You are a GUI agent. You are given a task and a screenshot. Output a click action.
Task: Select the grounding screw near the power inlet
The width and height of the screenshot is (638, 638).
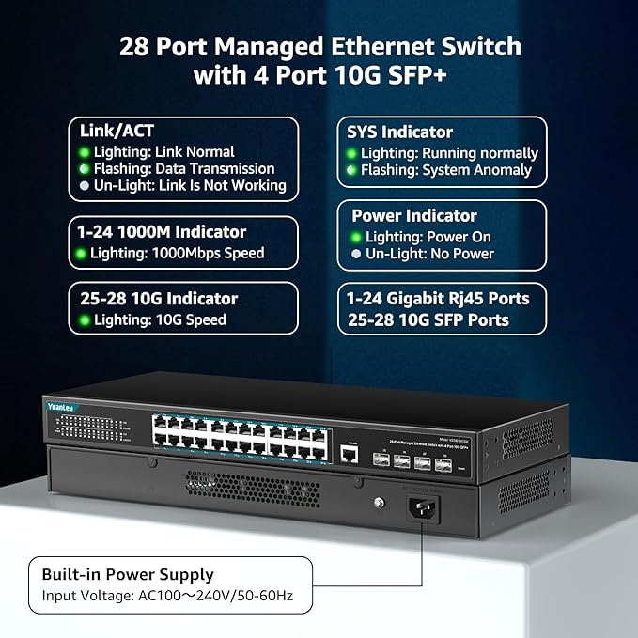(x=379, y=504)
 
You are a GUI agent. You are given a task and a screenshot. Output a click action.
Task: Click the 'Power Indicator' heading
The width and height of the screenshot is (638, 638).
(x=414, y=216)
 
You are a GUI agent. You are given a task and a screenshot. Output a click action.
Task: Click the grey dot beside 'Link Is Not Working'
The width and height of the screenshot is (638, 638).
(x=84, y=186)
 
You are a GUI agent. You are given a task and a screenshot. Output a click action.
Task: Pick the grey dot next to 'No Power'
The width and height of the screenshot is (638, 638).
(x=355, y=254)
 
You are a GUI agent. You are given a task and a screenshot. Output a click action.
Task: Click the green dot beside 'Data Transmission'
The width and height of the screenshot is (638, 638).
(x=84, y=169)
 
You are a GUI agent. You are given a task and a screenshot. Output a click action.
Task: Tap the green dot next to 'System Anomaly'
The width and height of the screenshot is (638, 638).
(x=351, y=170)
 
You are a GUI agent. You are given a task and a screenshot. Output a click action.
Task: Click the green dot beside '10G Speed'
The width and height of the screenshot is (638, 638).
(x=85, y=320)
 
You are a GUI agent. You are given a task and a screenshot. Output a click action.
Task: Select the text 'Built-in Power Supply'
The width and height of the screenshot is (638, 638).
(x=128, y=574)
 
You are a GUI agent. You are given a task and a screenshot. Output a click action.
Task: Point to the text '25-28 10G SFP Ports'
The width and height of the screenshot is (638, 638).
(x=428, y=320)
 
